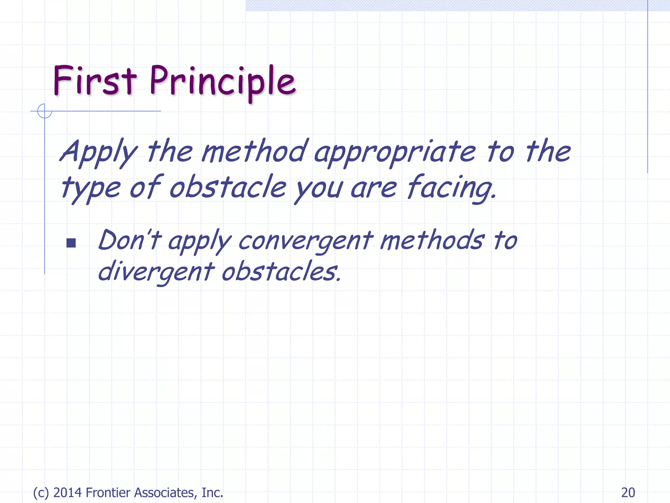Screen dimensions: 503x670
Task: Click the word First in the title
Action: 94,80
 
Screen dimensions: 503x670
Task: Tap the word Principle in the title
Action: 222,82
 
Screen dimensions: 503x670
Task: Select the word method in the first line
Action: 255,151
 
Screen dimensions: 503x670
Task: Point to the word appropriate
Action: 395,153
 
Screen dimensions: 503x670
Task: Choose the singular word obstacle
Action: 228,187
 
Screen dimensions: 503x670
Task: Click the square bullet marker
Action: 71,243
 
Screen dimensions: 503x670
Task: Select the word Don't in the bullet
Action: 130,240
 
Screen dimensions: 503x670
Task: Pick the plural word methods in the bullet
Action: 432,240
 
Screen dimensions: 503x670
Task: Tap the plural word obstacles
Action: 281,271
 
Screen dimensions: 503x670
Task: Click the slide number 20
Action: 628,493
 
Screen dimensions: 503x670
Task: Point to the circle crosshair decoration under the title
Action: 44,111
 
